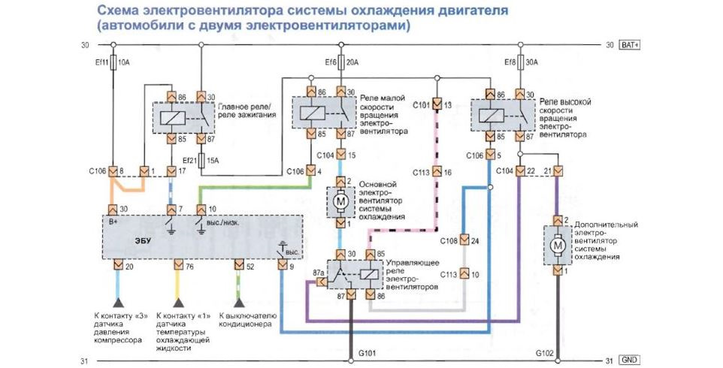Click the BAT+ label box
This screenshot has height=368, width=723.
click(631, 45)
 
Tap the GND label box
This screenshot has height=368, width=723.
click(631, 360)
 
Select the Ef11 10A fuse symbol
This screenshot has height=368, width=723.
click(113, 62)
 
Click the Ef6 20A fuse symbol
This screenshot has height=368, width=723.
click(341, 62)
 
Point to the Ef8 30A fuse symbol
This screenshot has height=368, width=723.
click(520, 62)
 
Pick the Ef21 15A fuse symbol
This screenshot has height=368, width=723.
click(201, 160)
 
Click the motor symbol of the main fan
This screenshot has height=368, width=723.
click(340, 201)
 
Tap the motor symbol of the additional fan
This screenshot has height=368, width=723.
click(558, 245)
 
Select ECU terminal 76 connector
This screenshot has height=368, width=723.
click(178, 265)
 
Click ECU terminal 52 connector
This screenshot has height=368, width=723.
click(239, 265)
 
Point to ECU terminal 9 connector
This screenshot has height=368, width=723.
click(282, 265)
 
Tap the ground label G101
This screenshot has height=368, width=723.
click(368, 354)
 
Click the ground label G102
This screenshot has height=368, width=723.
click(545, 354)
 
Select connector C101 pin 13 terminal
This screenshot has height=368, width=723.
click(437, 105)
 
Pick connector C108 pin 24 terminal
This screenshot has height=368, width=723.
click(464, 240)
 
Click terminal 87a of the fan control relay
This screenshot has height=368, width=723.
click(322, 282)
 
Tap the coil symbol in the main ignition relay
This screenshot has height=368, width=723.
click(172, 118)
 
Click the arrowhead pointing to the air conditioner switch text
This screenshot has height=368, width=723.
click(239, 303)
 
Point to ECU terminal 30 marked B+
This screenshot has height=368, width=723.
click(113, 210)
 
